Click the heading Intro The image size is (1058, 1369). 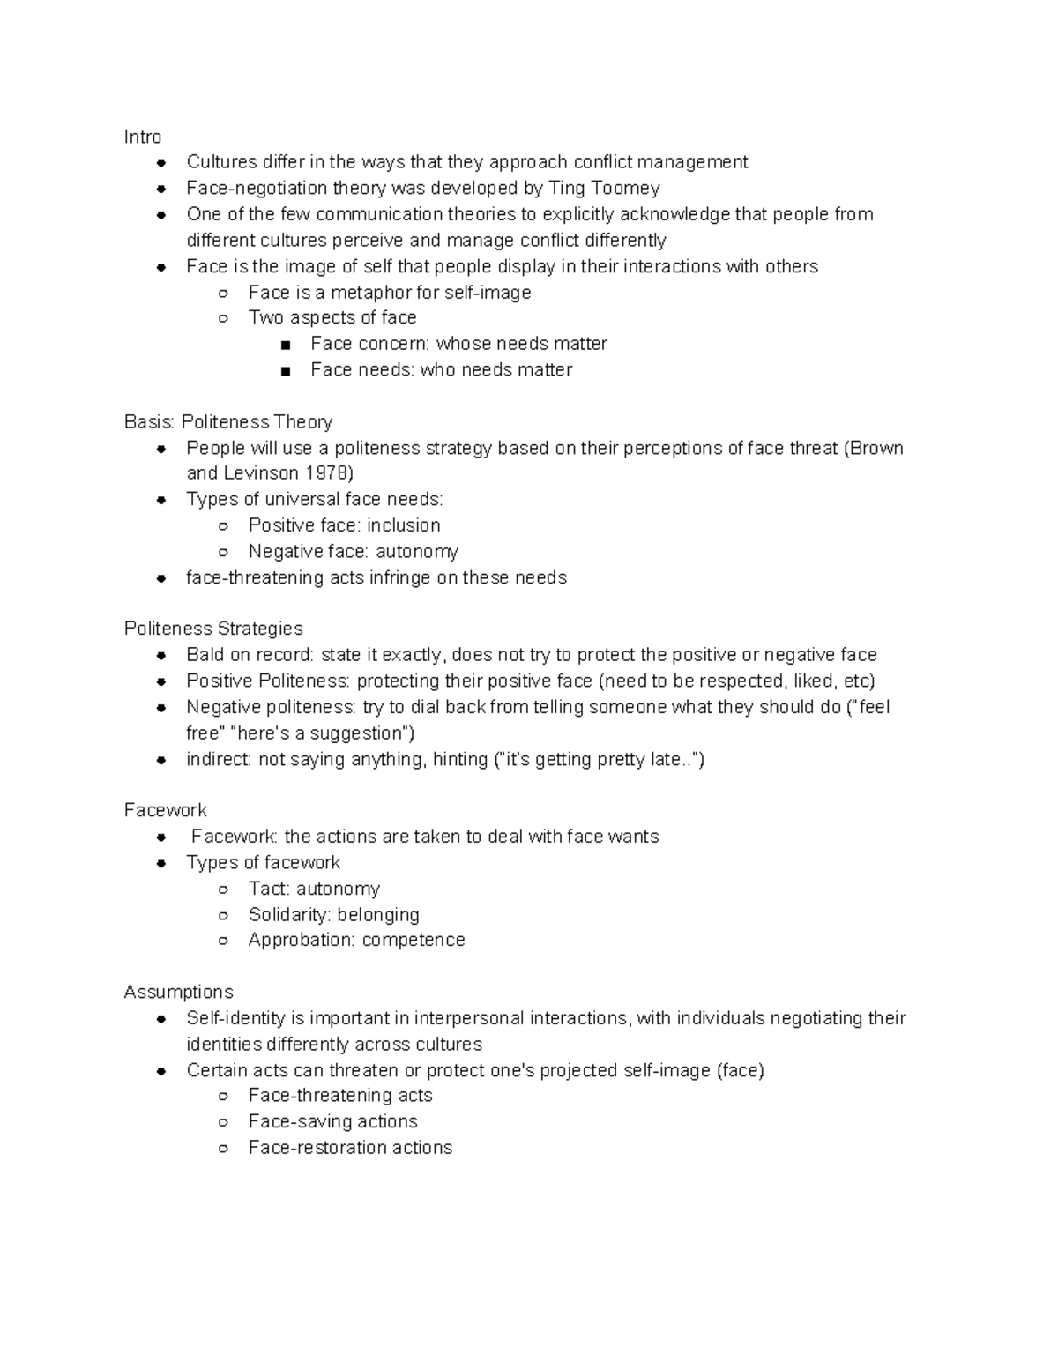(143, 137)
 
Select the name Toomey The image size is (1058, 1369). (627, 188)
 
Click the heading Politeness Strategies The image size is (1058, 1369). (213, 629)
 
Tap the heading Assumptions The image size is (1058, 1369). (178, 992)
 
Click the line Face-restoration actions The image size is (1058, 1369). (350, 1147)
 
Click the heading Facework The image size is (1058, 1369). (166, 810)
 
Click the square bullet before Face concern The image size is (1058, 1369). (285, 345)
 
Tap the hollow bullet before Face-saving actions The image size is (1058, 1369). (224, 1122)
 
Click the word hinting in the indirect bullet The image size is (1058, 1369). (458, 759)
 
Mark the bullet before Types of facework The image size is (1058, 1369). (161, 863)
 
